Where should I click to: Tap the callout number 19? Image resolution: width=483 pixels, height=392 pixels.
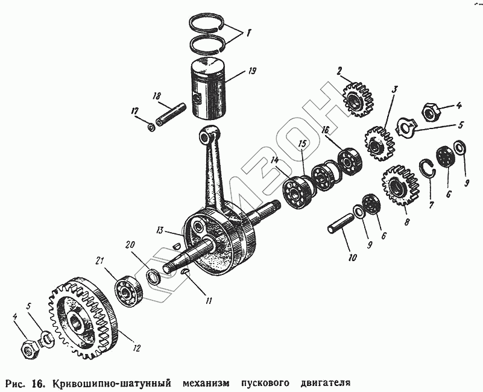pyautogui.click(x=251, y=71)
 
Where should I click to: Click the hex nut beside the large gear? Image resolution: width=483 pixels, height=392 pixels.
pyautogui.click(x=28, y=347)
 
